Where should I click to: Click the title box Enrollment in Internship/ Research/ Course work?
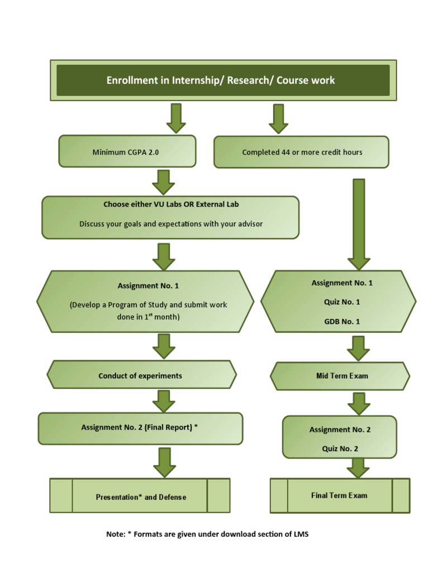coord(223,80)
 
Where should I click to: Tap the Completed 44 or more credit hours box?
coord(302,152)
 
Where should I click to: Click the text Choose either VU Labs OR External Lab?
coord(171,204)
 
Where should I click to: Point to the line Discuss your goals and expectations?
coord(171,224)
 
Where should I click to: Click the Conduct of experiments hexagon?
coord(141,376)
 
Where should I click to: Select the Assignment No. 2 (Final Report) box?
coord(140,428)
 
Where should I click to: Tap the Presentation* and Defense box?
coord(141,497)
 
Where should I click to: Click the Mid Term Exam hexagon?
coord(341,376)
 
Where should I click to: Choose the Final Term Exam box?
coord(339,495)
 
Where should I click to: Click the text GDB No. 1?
coord(342,321)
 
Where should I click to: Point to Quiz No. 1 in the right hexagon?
coord(342,302)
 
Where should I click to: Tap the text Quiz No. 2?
coord(340,449)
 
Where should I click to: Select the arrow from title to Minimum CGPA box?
coord(176,117)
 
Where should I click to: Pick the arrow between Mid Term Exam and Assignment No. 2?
coord(359,403)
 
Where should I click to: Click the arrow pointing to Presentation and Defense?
coord(164,462)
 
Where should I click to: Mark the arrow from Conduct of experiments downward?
coord(164,401)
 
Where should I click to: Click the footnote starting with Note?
coord(207,534)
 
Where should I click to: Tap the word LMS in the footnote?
coord(301,534)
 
